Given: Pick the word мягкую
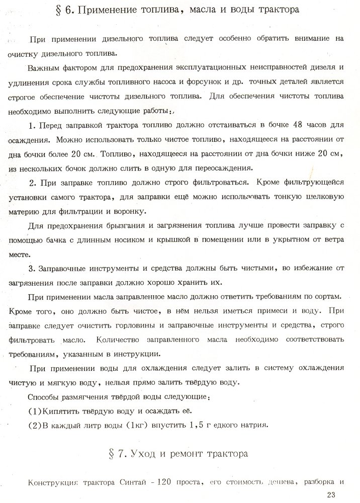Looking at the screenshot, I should click(x=71, y=381).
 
